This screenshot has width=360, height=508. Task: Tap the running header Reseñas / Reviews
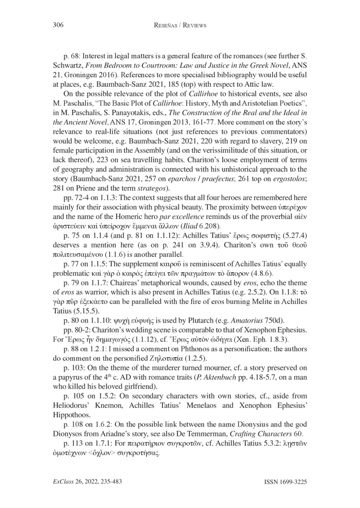(x=180, y=26)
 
